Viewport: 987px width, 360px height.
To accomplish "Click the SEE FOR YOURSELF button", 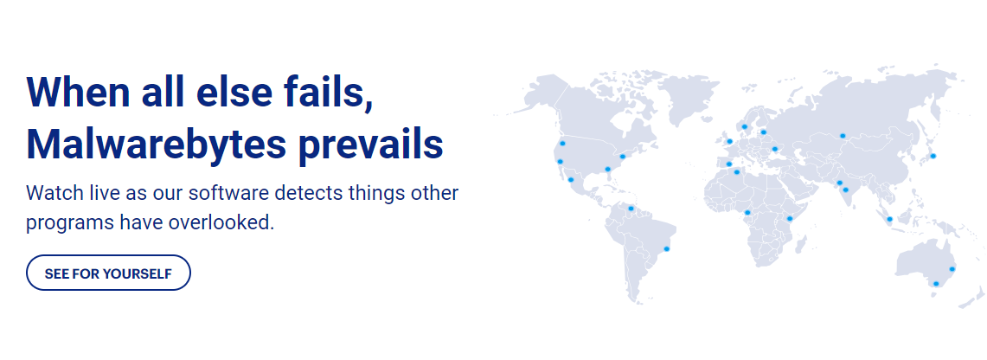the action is point(108,273).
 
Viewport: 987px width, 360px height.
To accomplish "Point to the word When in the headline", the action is point(78,92).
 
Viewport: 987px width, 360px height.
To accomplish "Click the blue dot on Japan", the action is point(933,156).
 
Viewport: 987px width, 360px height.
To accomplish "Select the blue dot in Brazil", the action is point(666,248).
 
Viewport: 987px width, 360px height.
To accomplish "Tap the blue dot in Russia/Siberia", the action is point(843,135).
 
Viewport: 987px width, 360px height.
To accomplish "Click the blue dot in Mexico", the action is point(571,179).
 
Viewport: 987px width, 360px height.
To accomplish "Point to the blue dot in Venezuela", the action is point(631,209).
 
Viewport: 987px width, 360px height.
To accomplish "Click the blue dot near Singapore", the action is point(889,219).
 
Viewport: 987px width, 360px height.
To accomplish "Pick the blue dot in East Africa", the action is point(790,218).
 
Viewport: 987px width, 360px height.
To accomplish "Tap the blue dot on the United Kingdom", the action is point(730,141).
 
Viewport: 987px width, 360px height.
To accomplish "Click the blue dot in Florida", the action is point(608,169).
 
